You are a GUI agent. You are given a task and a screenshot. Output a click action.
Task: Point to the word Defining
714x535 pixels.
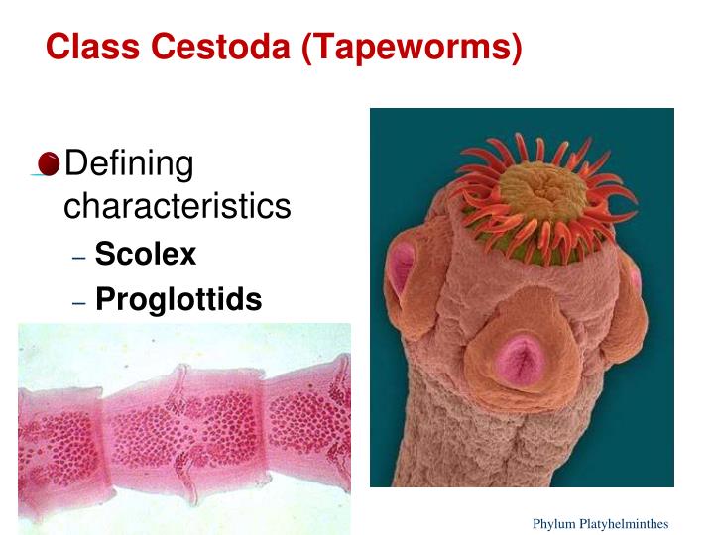pos(128,163)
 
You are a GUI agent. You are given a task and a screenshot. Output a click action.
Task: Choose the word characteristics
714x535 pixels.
pos(177,206)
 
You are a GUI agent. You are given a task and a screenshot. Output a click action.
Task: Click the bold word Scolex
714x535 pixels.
pos(146,255)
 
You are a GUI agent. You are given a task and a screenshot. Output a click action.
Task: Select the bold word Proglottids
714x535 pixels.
pos(178,299)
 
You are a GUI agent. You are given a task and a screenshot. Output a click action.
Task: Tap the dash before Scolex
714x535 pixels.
pos(79,257)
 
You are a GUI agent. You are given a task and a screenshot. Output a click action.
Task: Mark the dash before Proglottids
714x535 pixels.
pos(79,301)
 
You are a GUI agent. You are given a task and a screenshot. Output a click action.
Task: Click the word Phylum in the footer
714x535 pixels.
pos(552,523)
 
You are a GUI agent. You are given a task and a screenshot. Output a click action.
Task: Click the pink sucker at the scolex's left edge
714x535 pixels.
pos(401,267)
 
